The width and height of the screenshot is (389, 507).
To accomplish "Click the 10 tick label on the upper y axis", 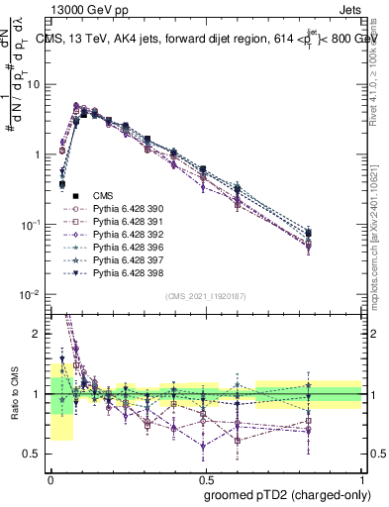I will point(35,84).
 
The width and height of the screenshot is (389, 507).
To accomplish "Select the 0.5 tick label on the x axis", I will point(205,479).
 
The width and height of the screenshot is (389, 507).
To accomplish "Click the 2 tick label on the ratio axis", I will point(39,334).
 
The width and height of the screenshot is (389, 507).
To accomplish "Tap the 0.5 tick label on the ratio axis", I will point(35,455).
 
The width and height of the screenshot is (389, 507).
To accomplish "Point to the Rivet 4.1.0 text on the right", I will point(376,69).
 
